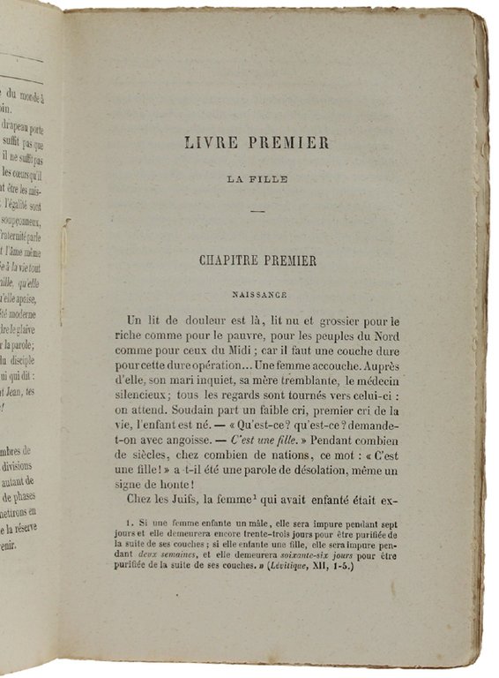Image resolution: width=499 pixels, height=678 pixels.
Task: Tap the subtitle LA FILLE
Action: point(257,178)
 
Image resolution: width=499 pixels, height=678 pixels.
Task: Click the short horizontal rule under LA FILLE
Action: point(257,210)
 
